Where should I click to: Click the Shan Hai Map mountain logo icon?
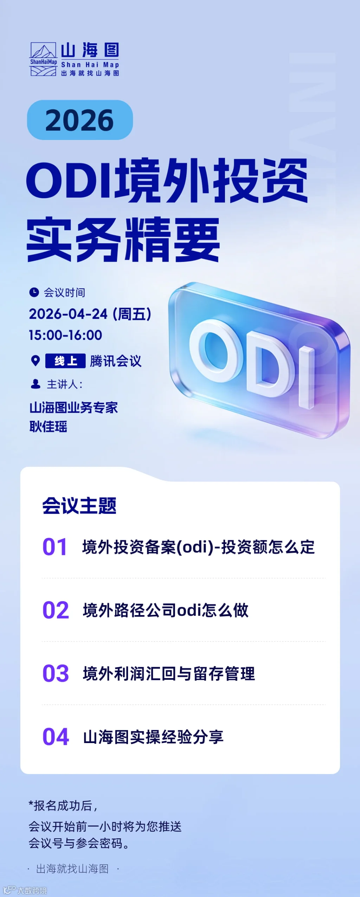pos(43,59)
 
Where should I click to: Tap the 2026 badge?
pos(80,120)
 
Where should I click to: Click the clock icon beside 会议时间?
pos(34,292)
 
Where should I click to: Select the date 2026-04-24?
pos(68,314)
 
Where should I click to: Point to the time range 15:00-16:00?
pos(65,335)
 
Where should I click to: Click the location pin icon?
pos(36,361)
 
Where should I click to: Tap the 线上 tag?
pos(65,361)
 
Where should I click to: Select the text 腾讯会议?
pos(116,361)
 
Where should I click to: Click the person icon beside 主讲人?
pos(36,384)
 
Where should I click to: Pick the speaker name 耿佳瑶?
pos(49,427)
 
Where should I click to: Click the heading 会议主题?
pos(79,506)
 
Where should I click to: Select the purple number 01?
pos(54,547)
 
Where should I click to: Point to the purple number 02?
pos(56,610)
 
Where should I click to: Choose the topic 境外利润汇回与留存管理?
pos(169,673)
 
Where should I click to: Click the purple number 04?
pos(56,737)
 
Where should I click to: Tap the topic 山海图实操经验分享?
pos(153,737)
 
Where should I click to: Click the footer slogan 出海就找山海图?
pos(72,869)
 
